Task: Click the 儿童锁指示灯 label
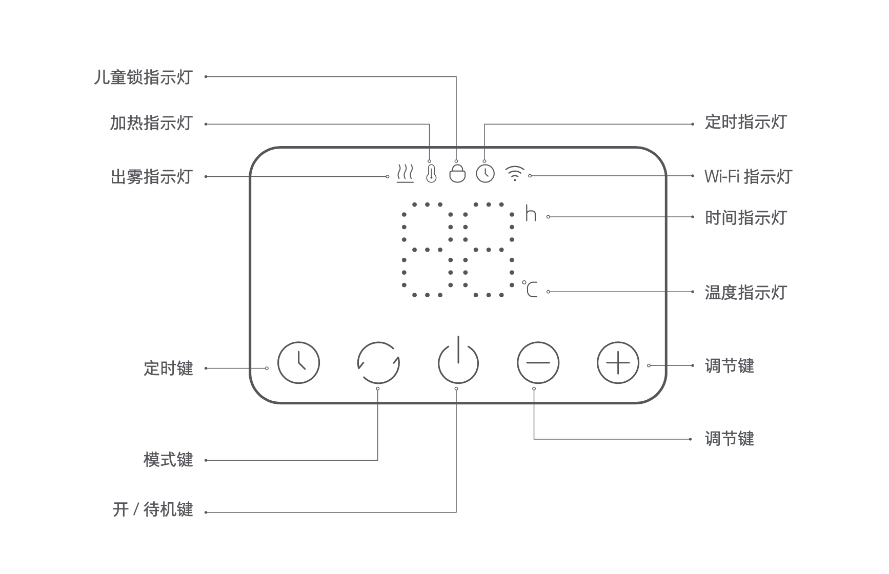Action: pos(143,77)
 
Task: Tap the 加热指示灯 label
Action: pos(151,123)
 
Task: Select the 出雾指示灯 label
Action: pos(151,176)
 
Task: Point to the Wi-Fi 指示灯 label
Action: pos(748,176)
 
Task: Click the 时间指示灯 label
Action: pos(745,217)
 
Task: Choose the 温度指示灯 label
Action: pos(745,292)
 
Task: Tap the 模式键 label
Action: pos(168,459)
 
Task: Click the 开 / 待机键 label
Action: pos(153,509)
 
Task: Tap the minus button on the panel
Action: pos(538,363)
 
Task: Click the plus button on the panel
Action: pos(618,363)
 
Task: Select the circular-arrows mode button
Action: pos(378,363)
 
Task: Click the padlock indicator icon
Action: pos(457,173)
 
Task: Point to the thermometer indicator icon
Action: pos(431,173)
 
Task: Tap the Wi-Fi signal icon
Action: pos(514,174)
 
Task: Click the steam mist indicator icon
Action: pos(405,174)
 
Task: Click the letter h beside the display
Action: pos(531,214)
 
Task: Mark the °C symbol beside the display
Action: pos(531,290)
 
